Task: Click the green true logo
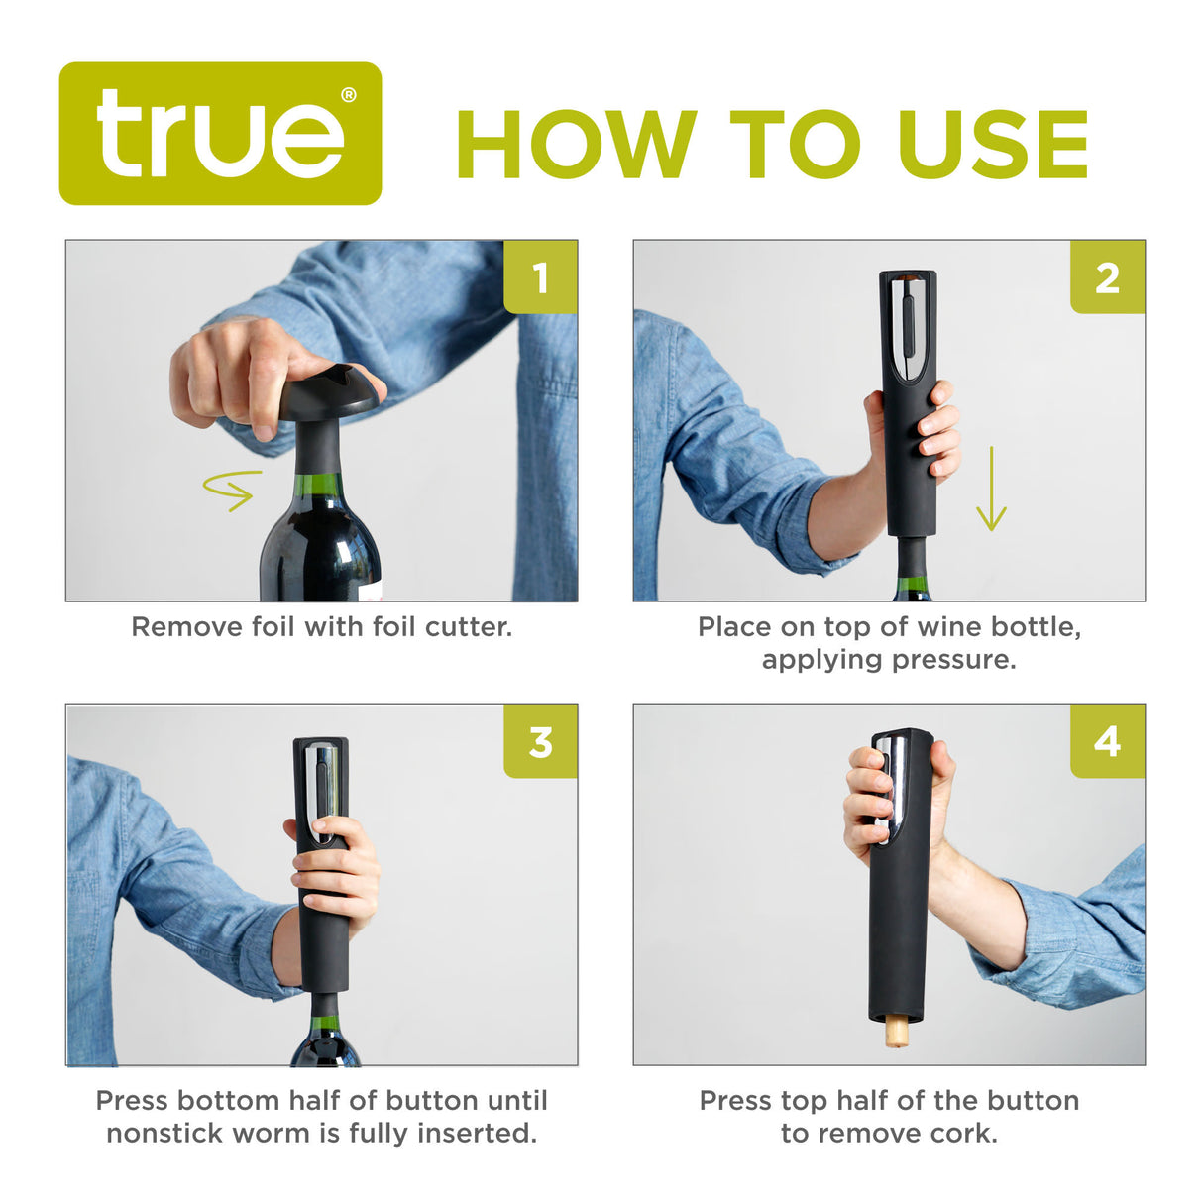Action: (220, 134)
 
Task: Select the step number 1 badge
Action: (540, 277)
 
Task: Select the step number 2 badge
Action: (1107, 277)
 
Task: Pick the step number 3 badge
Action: (540, 741)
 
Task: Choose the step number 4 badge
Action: (1107, 741)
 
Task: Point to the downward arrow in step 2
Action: (991, 490)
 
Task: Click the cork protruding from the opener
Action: (897, 1033)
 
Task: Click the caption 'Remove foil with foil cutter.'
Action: (322, 627)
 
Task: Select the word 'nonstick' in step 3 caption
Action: (169, 1133)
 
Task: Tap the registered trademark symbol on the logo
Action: (349, 96)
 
